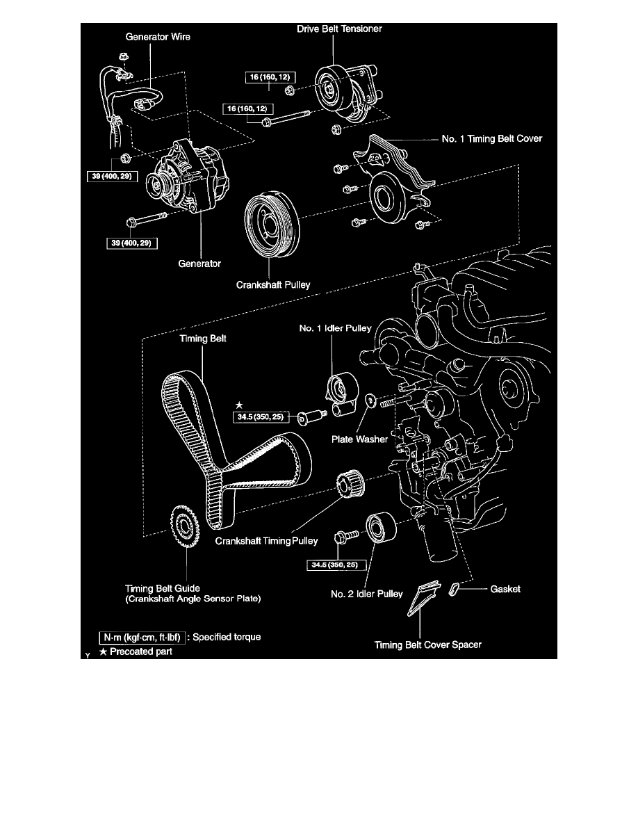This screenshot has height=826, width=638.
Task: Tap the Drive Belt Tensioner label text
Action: [341, 29]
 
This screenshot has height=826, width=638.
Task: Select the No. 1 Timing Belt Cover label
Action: [491, 139]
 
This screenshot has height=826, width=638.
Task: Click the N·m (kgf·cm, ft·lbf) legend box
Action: [141, 636]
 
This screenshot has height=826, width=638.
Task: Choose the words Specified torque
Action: [227, 636]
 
